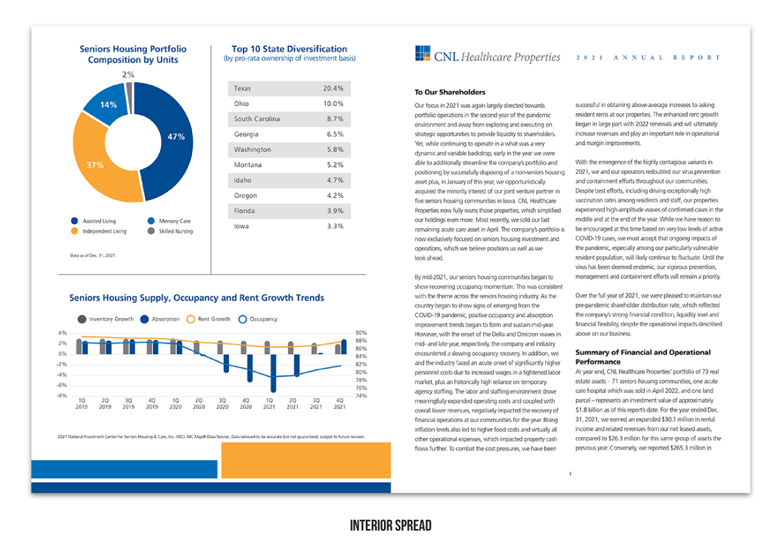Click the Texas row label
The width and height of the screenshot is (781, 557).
242,89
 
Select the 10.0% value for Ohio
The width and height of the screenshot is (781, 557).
333,104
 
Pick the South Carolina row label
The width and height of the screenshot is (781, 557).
257,119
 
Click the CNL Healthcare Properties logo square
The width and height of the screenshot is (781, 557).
422,53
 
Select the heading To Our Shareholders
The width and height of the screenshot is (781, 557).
450,92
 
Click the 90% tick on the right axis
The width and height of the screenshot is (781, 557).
361,333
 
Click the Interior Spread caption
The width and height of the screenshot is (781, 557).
390,526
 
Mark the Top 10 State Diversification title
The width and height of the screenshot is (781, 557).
289,49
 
